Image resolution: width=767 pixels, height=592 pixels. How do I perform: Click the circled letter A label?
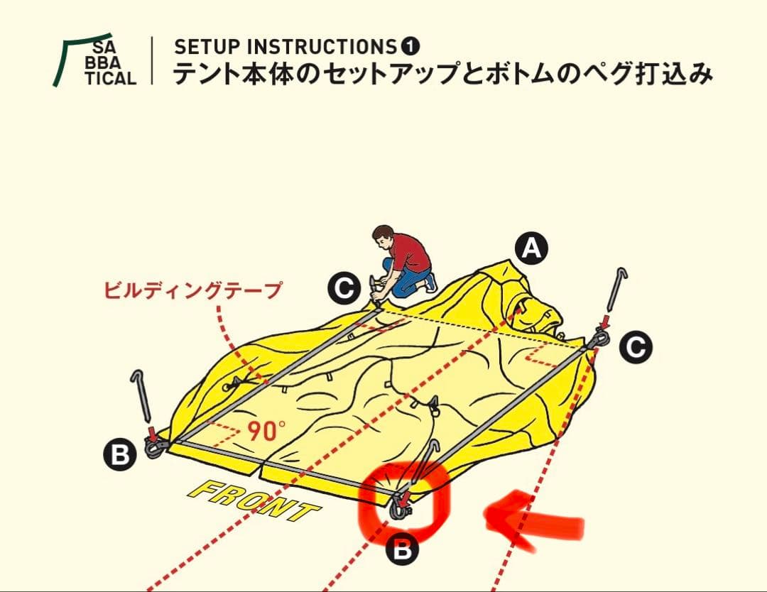532,249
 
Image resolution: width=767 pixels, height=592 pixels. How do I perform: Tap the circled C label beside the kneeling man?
344,289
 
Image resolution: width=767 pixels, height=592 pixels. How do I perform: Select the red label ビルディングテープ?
192,290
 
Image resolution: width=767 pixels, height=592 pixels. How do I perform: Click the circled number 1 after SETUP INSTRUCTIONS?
410,47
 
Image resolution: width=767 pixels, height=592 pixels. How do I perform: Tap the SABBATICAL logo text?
114,63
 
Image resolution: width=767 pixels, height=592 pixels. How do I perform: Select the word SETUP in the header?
198,47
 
